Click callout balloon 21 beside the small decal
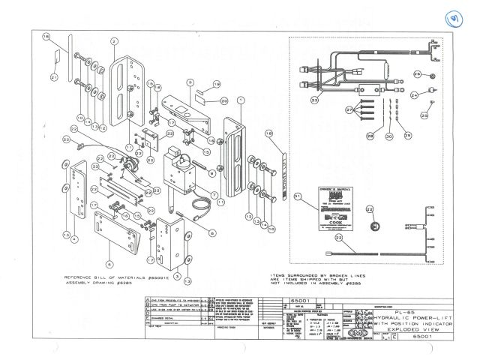click(x=54, y=77)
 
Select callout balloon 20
click(x=223, y=100)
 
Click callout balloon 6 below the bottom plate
click(x=110, y=263)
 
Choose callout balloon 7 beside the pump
click(x=214, y=194)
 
